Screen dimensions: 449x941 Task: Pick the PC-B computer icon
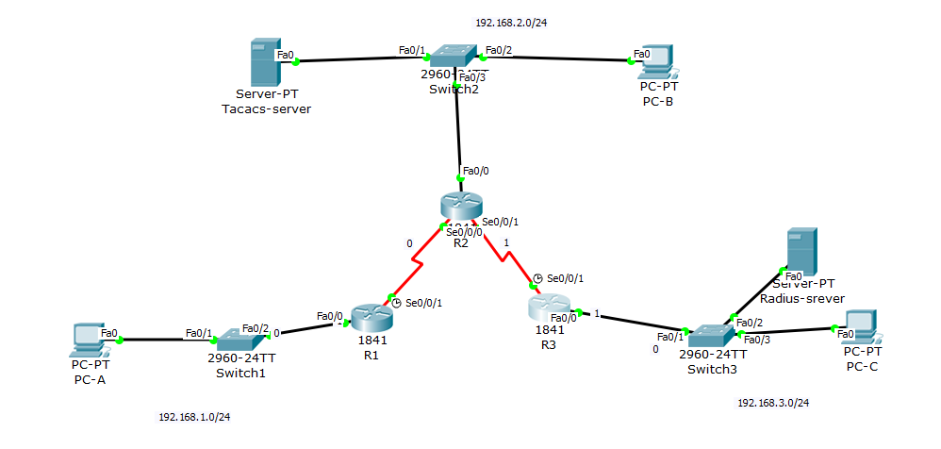[656, 60]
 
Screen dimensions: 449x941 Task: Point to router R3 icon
[550, 307]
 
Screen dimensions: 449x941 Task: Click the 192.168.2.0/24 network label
[511, 24]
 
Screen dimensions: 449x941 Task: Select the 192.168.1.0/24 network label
[194, 416]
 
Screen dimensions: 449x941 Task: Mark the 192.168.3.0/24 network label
[773, 403]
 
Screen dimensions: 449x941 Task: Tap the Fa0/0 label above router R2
[475, 171]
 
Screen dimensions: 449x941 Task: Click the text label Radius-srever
[801, 299]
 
